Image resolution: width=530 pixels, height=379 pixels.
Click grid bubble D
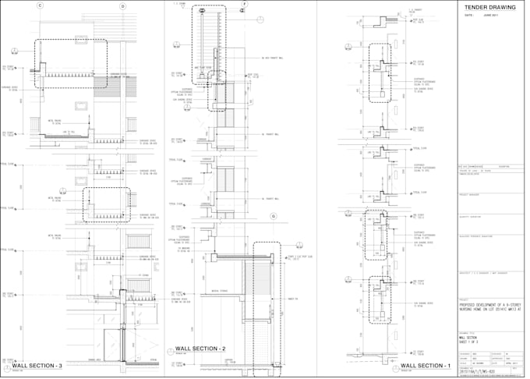(x=122, y=6)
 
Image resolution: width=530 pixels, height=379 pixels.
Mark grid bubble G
(x=273, y=216)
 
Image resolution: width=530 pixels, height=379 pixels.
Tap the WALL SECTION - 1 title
(x=426, y=365)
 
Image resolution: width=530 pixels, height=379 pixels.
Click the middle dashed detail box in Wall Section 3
(x=107, y=204)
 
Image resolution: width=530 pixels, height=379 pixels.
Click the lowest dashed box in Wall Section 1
(x=380, y=298)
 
